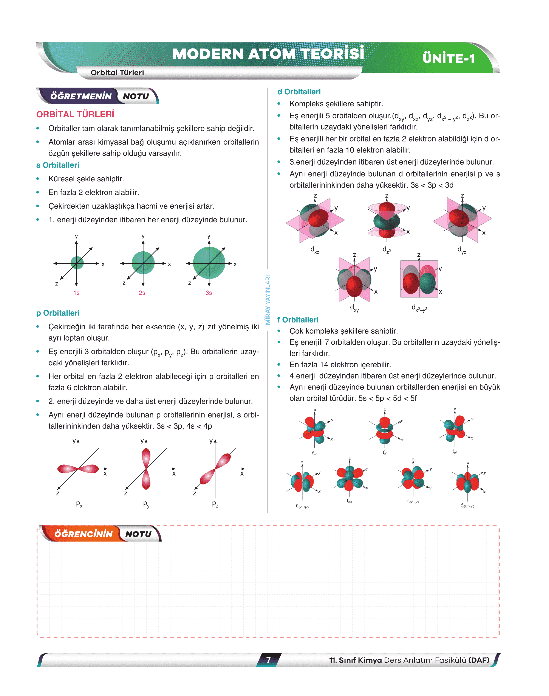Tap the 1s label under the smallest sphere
[76, 293]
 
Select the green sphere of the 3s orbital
[209, 263]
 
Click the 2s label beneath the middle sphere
[142, 293]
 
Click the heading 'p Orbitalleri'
[58, 313]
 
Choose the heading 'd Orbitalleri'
[299, 92]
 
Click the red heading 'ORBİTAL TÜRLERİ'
[75, 114]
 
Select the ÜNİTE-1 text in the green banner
[449, 59]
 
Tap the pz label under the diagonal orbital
[215, 504]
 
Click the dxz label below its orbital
[315, 250]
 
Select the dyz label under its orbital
[462, 250]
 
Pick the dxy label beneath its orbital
[354, 308]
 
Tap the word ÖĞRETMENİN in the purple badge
[81, 96]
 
